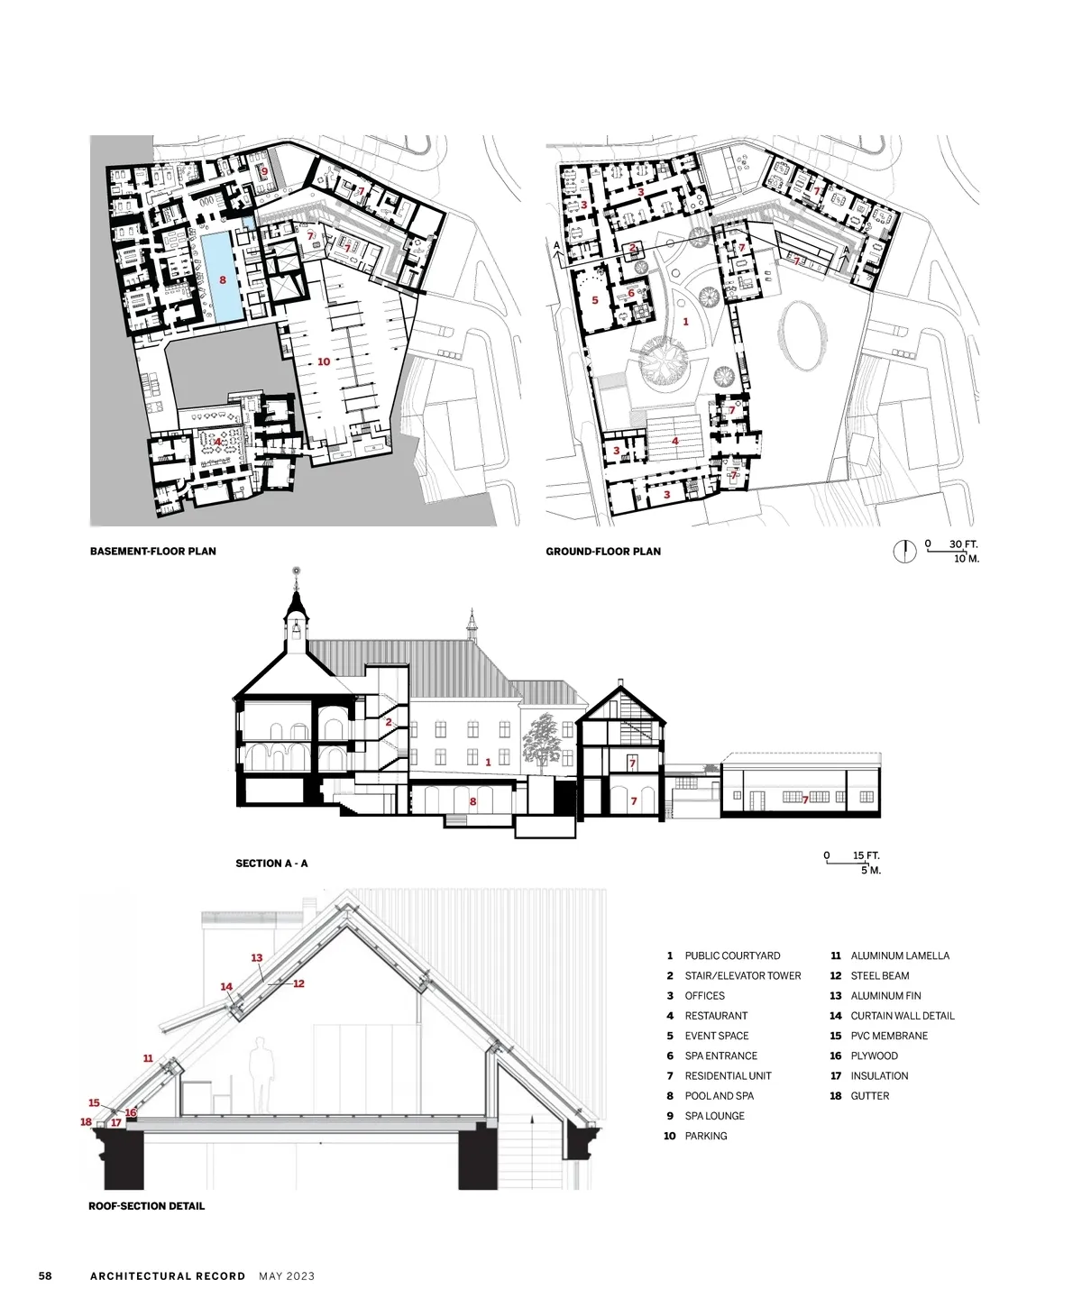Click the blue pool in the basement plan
(x=222, y=275)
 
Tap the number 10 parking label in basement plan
(x=323, y=361)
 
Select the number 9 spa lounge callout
(x=264, y=171)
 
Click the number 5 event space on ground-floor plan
(x=595, y=300)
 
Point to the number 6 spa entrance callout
(x=631, y=292)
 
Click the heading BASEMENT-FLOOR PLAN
(x=152, y=552)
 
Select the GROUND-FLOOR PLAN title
(x=603, y=552)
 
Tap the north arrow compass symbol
(x=904, y=551)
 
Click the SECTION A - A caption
(x=271, y=864)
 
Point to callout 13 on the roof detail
(x=257, y=957)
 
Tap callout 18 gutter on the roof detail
(x=87, y=1121)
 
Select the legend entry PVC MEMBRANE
(x=889, y=1036)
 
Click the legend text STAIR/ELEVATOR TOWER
(x=743, y=976)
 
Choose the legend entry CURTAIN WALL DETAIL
(x=903, y=1016)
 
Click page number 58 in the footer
(x=45, y=1275)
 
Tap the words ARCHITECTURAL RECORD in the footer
(x=168, y=1276)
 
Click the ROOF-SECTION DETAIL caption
(x=146, y=1206)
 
